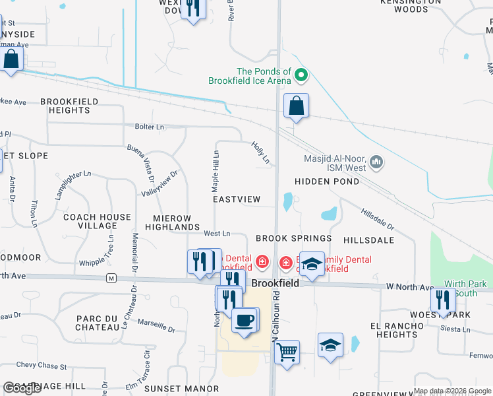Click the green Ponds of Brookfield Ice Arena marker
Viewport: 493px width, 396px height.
(301, 76)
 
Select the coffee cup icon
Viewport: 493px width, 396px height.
(245, 321)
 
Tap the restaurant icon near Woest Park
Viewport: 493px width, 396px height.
(443, 300)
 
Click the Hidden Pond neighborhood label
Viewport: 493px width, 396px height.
(327, 181)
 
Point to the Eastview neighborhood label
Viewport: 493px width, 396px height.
(237, 199)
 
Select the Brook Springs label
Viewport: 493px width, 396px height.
(293, 238)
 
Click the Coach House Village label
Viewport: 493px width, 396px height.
(97, 221)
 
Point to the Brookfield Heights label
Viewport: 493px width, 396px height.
(69, 106)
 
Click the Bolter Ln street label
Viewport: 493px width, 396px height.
(150, 126)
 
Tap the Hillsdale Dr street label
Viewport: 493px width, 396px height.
(377, 218)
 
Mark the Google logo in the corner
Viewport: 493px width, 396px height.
(22, 389)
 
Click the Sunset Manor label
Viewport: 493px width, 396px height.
(172, 389)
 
